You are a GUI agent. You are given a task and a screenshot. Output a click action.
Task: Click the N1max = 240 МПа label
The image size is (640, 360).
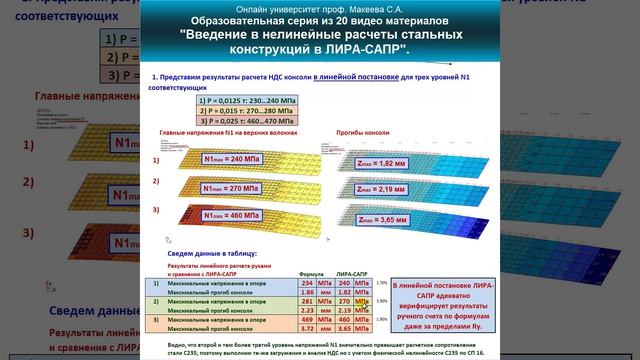coord(227,158)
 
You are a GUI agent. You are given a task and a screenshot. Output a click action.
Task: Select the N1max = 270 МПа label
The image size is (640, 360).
coord(227,185)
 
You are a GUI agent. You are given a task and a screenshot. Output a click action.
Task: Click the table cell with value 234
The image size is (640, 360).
coord(307,283)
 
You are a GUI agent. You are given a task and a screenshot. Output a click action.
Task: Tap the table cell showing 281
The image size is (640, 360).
coord(307,300)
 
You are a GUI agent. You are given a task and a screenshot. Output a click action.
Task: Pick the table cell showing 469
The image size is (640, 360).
coord(307,319)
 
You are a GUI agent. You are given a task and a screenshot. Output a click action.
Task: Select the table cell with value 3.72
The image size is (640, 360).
coord(307,328)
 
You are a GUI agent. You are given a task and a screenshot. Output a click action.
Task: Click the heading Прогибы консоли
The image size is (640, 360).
coord(356,134)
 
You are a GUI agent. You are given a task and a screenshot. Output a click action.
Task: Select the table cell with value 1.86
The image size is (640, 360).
coord(307,291)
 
